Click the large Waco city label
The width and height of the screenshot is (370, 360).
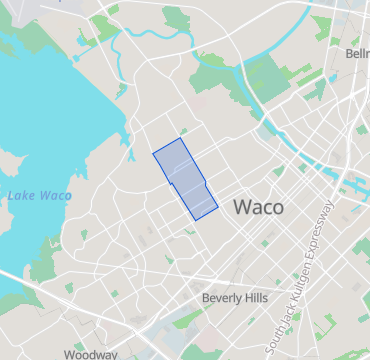(258, 208)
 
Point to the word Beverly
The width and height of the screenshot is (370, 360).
(221, 298)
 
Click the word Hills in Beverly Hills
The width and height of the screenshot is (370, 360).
(254, 298)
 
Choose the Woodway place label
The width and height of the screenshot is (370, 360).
(90, 354)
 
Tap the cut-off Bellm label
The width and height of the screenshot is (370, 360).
(357, 53)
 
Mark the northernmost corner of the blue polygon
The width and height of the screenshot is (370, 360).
(181, 138)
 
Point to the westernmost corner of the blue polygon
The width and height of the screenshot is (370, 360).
(153, 154)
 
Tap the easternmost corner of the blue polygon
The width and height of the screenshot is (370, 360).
(218, 207)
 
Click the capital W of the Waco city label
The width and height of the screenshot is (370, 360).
(241, 208)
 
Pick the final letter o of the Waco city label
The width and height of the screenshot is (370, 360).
(277, 209)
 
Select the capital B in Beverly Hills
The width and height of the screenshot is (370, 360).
(206, 298)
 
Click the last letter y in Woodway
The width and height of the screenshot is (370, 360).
(113, 355)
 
